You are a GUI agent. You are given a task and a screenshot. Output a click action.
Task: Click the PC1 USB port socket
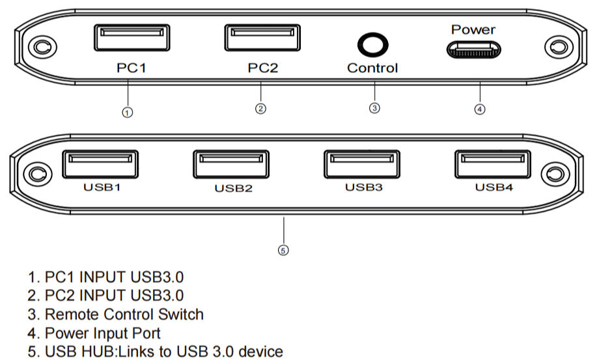pyautogui.click(x=132, y=37)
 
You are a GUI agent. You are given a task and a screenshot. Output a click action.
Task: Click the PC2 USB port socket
pyautogui.click(x=263, y=37)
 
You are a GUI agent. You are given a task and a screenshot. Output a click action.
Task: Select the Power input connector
pyautogui.click(x=473, y=49)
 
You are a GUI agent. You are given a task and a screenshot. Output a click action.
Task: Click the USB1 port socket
pyautogui.click(x=100, y=163)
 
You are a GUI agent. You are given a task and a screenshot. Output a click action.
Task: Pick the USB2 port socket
pyautogui.click(x=231, y=164)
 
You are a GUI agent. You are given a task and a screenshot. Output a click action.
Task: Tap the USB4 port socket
pyautogui.click(x=493, y=163)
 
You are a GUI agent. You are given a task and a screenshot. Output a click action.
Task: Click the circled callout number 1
pyautogui.click(x=128, y=112)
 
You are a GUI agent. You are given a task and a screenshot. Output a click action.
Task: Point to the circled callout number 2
pyautogui.click(x=260, y=109)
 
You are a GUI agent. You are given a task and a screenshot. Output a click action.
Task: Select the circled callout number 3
pyautogui.click(x=374, y=109)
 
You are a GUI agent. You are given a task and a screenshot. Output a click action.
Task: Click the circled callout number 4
pyautogui.click(x=480, y=109)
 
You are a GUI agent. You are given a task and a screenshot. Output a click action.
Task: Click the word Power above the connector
pyautogui.click(x=473, y=29)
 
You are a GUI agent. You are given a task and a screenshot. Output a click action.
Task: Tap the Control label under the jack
pyautogui.click(x=372, y=68)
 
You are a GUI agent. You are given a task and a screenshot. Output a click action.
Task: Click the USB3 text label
pyautogui.click(x=363, y=187)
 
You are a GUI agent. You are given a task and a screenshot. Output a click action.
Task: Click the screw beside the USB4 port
pyautogui.click(x=555, y=174)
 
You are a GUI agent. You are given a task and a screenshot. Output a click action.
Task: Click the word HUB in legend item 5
pyautogui.click(x=91, y=352)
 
